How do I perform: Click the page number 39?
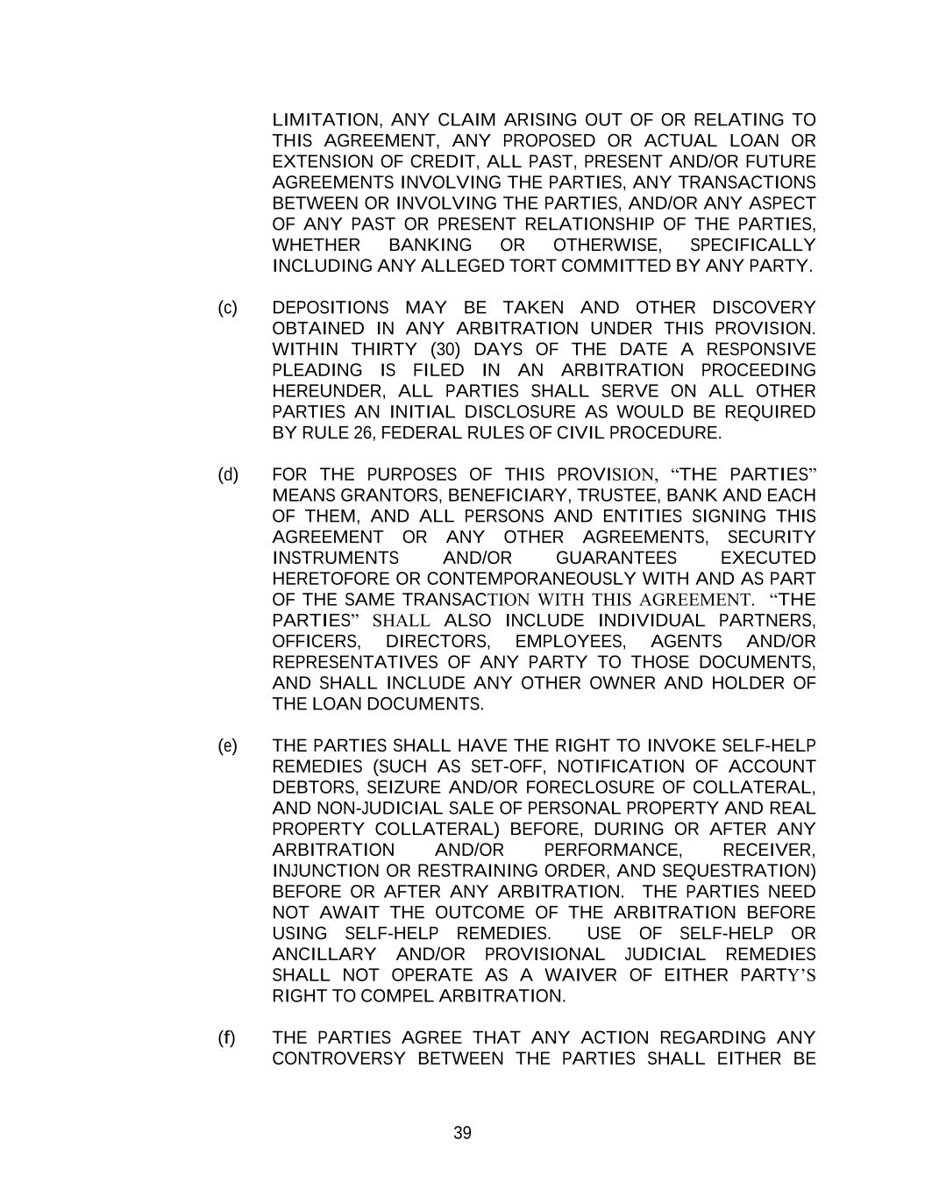point(462,1133)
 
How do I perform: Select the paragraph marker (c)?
point(227,308)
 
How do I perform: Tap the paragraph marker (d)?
point(227,475)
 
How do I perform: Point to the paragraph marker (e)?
point(227,746)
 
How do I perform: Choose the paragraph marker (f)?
point(227,1038)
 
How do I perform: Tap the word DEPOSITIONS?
point(331,308)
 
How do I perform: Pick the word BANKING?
point(430,246)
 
